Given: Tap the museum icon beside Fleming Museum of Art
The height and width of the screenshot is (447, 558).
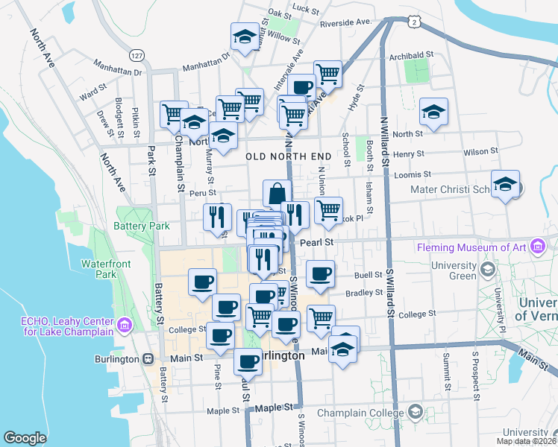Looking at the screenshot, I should click(x=536, y=247).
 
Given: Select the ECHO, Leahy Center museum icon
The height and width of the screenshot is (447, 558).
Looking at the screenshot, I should click(x=125, y=326).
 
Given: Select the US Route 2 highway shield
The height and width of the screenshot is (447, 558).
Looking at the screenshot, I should click(x=413, y=24).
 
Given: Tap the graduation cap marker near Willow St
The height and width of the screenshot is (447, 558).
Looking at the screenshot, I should click(x=242, y=37).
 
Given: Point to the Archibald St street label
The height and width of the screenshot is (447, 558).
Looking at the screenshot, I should click(x=410, y=54).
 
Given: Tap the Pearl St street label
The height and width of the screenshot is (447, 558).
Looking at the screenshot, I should click(x=316, y=241).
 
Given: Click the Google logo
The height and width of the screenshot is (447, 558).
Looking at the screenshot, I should click(x=25, y=438).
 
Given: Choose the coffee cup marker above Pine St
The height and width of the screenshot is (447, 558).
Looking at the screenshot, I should click(x=219, y=336).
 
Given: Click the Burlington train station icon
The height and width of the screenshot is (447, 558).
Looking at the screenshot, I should click(x=148, y=358).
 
